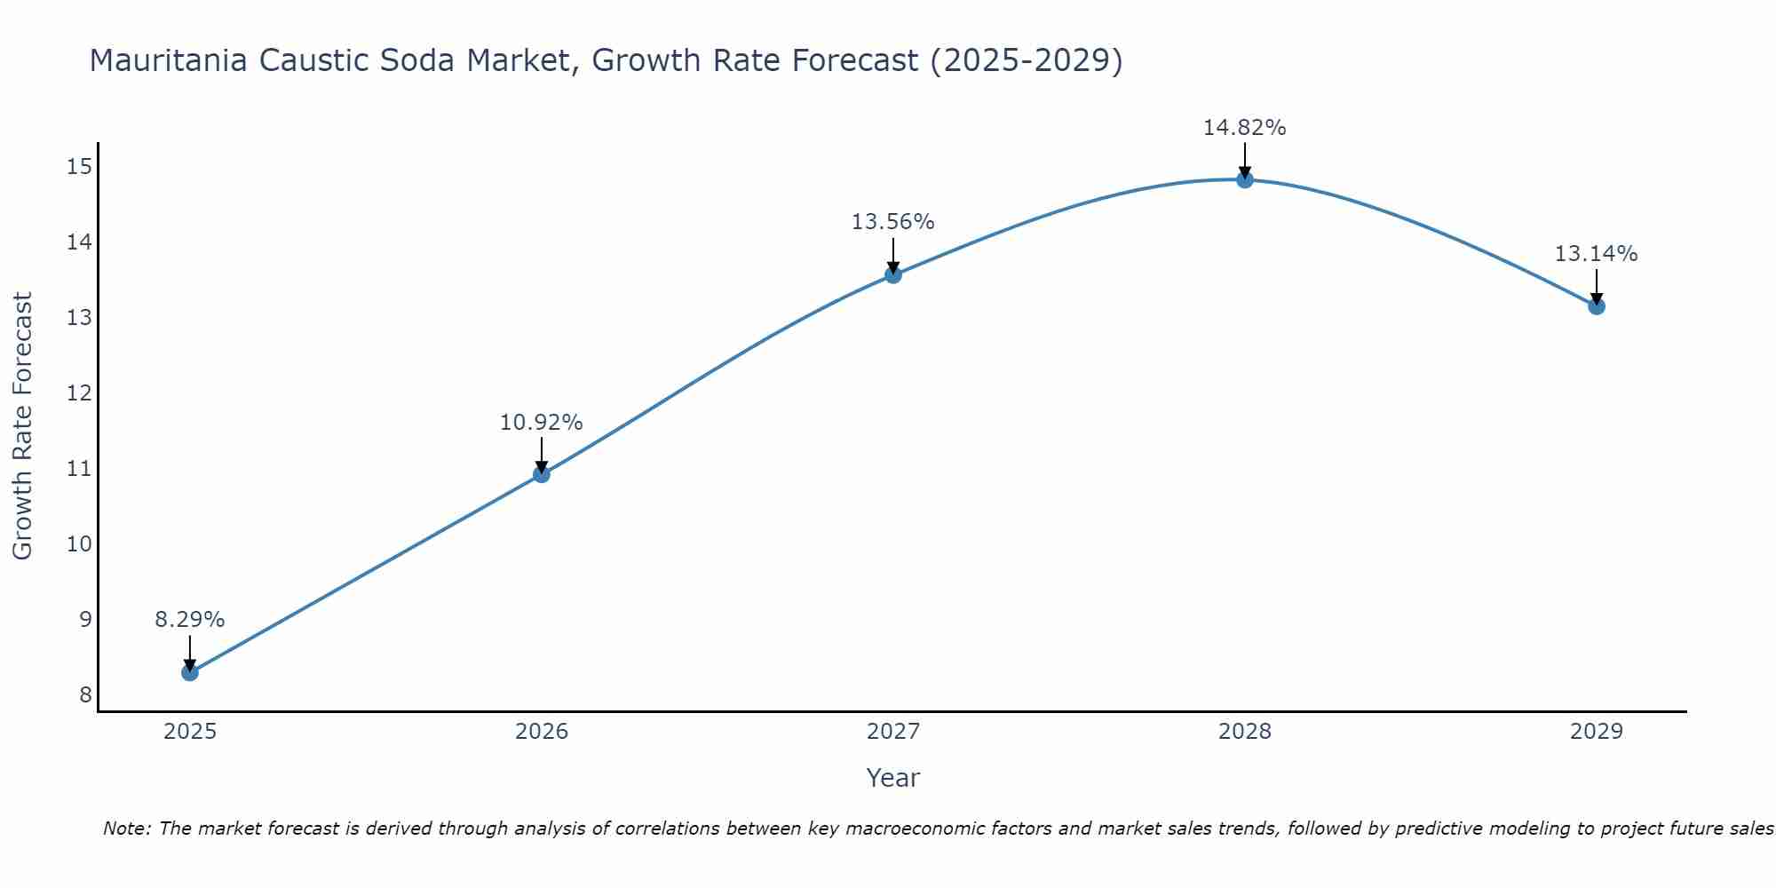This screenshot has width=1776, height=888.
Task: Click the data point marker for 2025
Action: pos(190,672)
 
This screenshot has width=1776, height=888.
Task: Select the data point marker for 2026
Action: pos(542,474)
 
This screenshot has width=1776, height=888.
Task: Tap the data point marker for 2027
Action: pos(893,274)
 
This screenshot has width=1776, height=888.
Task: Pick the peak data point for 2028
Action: pos(1245,179)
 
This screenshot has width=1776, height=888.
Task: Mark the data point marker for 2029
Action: pos(1597,306)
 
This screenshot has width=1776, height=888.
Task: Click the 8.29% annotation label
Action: pos(190,620)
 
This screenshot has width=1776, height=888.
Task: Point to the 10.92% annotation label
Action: pos(542,423)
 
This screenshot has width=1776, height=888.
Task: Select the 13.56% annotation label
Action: pos(893,222)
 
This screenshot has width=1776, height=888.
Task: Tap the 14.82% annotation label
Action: pos(1245,128)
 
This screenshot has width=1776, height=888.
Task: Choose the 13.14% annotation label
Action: pos(1597,254)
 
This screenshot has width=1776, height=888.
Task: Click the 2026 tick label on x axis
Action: pos(542,732)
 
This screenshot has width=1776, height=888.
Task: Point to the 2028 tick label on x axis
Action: pos(1245,732)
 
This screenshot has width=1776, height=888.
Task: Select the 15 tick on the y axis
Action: pos(80,166)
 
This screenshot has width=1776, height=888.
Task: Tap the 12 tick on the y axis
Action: pos(80,392)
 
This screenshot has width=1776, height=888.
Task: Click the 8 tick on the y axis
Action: pos(85,694)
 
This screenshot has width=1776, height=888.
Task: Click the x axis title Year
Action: pos(893,778)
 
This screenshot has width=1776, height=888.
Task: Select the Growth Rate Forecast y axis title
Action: pos(23,425)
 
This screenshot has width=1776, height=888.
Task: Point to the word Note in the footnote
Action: pos(127,829)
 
